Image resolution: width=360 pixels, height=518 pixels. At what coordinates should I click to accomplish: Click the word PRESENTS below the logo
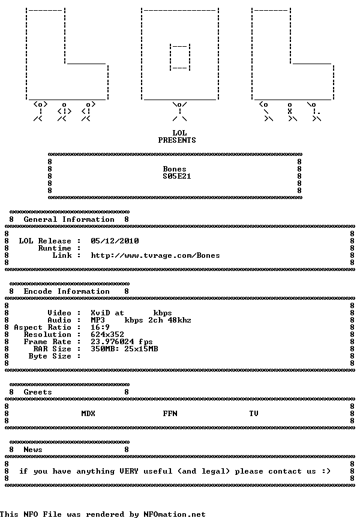pos(177,140)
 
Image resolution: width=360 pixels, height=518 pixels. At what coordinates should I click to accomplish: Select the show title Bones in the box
pos(175,169)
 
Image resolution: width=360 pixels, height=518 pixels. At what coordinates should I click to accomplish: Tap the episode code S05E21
pos(177,176)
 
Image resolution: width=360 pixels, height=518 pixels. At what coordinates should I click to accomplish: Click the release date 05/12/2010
pos(115,241)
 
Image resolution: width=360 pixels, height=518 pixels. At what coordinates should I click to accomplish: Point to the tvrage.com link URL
pos(155,255)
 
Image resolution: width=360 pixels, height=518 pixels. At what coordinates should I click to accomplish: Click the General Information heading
pos(69,219)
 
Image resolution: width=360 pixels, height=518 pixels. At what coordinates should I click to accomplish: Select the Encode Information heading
pos(67,291)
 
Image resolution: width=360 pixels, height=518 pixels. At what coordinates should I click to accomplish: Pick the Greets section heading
pos(38,392)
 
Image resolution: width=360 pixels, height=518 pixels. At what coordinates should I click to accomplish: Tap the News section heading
pos(33,450)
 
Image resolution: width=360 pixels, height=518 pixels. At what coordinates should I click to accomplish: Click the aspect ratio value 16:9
pos(100,327)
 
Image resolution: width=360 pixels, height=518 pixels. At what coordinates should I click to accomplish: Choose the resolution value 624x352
pos(107,335)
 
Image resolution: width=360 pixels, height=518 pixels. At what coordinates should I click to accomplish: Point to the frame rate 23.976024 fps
pos(122,342)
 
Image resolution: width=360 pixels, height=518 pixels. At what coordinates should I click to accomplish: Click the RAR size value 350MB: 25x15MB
pos(124,349)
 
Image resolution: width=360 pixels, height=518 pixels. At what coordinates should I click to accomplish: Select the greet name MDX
pos(88,414)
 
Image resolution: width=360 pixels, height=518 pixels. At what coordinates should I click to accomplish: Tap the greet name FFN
pos(170,414)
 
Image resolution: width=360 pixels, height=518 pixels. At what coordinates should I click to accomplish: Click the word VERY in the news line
pos(129,471)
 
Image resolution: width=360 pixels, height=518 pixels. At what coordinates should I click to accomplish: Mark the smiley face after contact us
pos(326,471)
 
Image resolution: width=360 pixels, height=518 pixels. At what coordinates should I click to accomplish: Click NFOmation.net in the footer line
pos(174,514)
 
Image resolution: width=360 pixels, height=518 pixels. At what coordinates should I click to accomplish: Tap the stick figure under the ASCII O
pos(179,112)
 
